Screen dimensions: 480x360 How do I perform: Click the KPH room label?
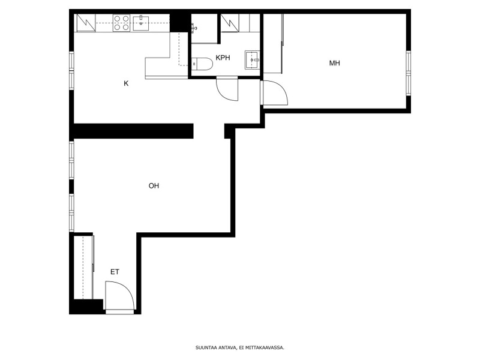(x=223, y=58)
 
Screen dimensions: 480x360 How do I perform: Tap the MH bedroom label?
(x=334, y=63)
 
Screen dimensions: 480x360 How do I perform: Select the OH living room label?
(x=154, y=185)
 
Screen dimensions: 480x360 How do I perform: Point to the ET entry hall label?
(x=115, y=272)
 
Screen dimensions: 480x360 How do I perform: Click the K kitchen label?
(x=126, y=83)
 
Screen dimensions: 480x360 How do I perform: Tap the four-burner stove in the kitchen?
(x=121, y=23)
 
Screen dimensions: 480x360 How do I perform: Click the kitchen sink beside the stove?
(x=141, y=23)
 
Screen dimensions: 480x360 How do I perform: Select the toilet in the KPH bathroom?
(x=202, y=64)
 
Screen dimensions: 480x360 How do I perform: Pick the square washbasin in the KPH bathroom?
(x=252, y=60)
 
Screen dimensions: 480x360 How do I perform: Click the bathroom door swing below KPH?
(x=227, y=89)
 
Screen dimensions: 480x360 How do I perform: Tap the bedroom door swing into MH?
(x=274, y=93)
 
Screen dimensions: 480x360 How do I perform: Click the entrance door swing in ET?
(x=119, y=296)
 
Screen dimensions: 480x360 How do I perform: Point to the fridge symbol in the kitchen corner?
(x=86, y=23)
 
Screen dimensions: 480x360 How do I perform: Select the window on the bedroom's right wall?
(x=409, y=73)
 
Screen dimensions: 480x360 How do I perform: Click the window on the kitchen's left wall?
(x=71, y=71)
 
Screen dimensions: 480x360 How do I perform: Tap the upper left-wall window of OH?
(x=71, y=160)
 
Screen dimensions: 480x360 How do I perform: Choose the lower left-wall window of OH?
(x=71, y=212)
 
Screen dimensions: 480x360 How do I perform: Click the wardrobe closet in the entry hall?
(x=83, y=267)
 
